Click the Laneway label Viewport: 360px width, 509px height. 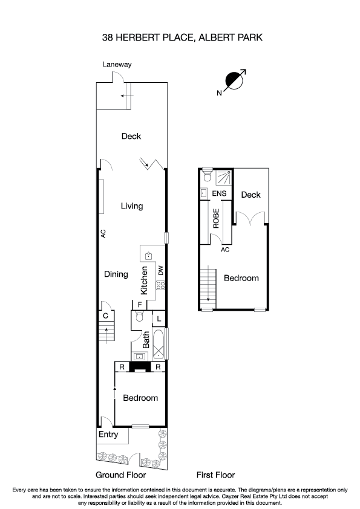tap(117, 64)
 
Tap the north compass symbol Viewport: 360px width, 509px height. tap(233, 80)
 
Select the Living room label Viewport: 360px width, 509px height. tap(131, 206)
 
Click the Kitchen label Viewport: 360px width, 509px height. tap(145, 280)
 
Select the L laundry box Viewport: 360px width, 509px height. tap(158, 318)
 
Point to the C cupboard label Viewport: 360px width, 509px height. tap(105, 316)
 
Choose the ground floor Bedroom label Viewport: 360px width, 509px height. tap(140, 398)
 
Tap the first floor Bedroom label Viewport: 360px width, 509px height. tap(241, 278)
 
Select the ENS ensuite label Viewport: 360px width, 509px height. tap(220, 194)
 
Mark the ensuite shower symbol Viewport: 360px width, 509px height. tap(223, 177)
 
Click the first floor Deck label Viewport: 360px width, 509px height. tap(250, 195)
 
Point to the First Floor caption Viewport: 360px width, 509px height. tap(215, 475)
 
